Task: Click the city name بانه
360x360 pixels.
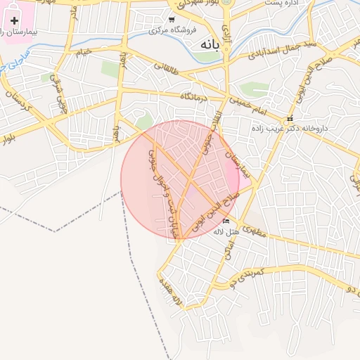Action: (210, 44)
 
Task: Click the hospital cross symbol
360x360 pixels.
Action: (14, 20)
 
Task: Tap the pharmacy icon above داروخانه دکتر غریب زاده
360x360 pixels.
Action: (289, 118)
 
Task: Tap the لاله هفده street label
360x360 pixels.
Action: (173, 295)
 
